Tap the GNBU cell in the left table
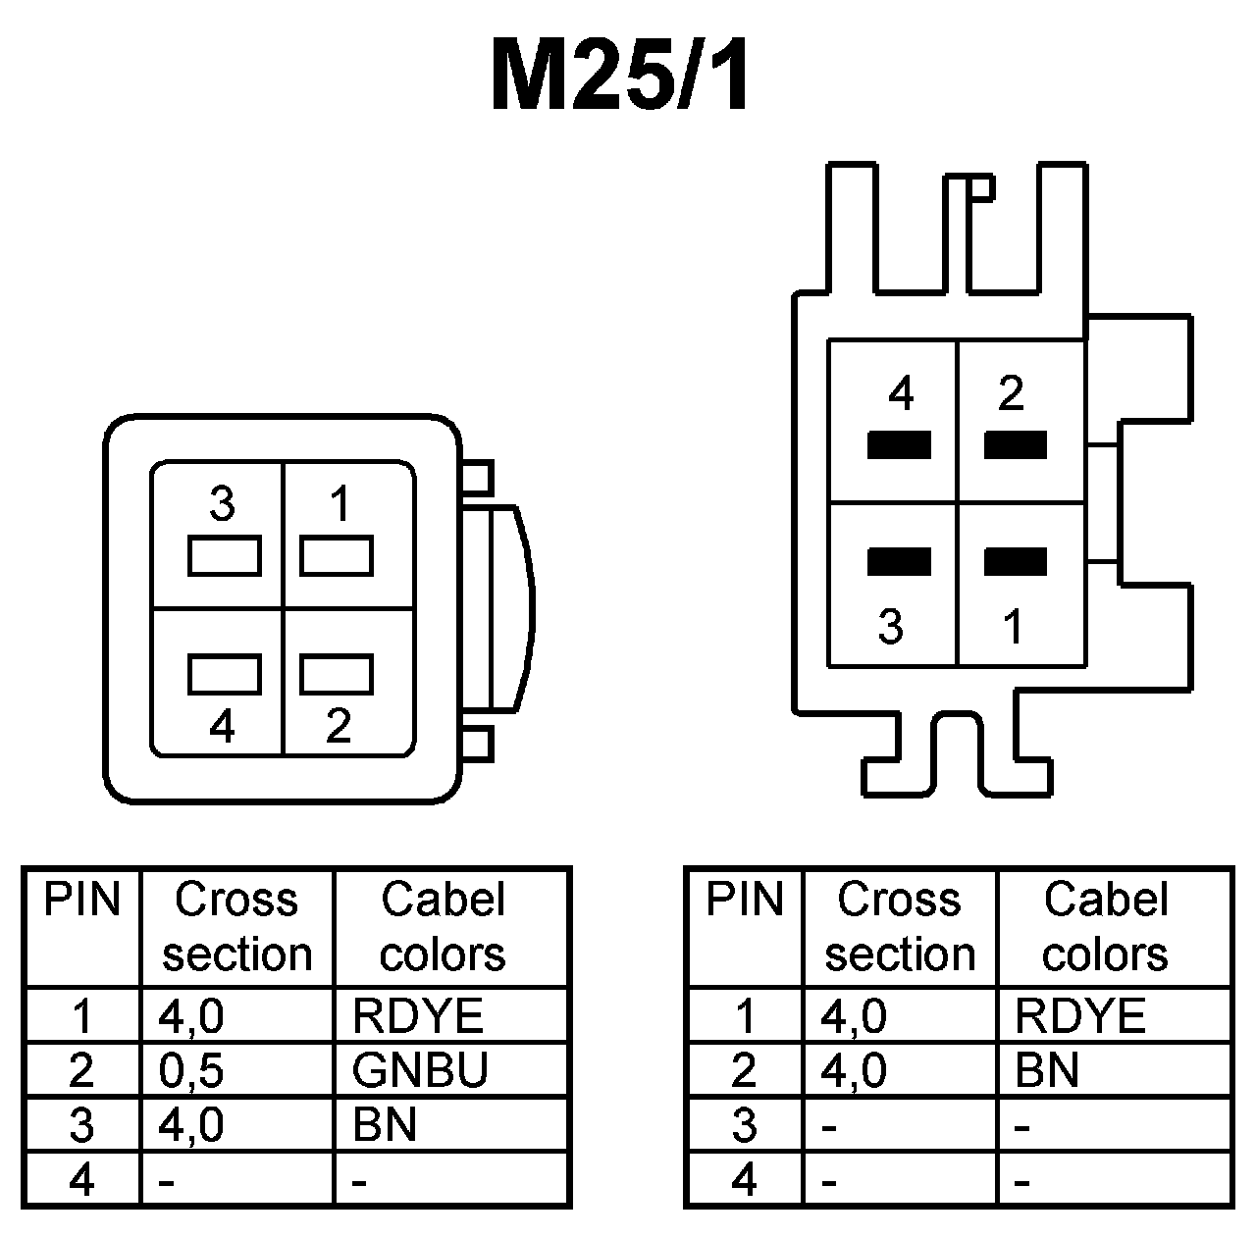[x=419, y=1070]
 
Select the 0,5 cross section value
[x=191, y=1070]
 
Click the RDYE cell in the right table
[x=1079, y=1015]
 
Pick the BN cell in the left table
[x=385, y=1124]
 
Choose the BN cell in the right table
[x=1047, y=1070]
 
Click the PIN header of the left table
[x=82, y=901]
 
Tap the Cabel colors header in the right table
[x=1105, y=927]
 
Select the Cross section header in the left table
[x=236, y=927]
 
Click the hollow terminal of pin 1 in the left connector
[x=336, y=556]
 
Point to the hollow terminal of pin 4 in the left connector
[x=225, y=674]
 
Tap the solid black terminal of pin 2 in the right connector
[x=1016, y=446]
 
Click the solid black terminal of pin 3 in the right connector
[x=899, y=562]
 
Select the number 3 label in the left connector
[x=223, y=505]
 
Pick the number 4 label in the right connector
[x=901, y=394]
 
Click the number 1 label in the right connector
[x=1014, y=626]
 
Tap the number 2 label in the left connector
[x=339, y=726]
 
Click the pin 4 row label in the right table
[x=745, y=1178]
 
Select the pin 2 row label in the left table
[x=81, y=1070]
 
